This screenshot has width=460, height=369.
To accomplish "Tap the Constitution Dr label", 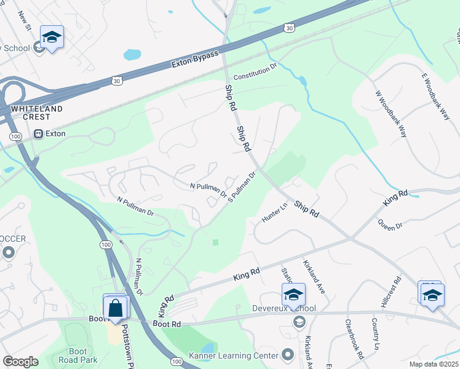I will coord(256,73).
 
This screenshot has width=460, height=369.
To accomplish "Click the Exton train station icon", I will coord(38,133).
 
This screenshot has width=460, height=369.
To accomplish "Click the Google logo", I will coord(21,362).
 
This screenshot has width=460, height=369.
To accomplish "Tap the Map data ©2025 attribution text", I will coord(434,364).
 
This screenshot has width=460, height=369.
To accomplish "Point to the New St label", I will coord(25,19).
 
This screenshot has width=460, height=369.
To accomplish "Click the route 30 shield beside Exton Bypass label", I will coord(288,28).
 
